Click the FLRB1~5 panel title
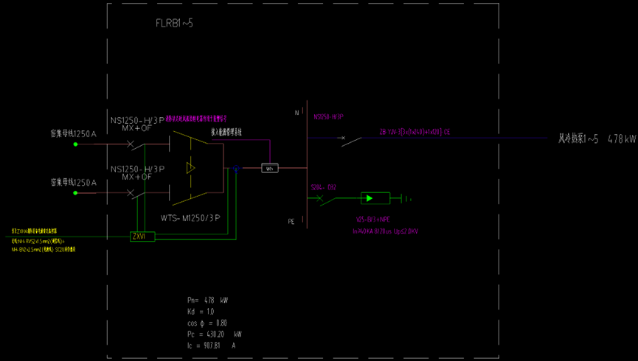[x=174, y=24]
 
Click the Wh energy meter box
[x=270, y=169]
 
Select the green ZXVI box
[x=142, y=236]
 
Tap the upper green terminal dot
[x=75, y=144]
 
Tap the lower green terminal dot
[x=75, y=193]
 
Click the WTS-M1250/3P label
[x=190, y=218]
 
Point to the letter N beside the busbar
[x=297, y=113]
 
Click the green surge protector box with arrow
[x=375, y=197]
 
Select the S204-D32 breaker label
[x=323, y=187]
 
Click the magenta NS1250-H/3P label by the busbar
[x=329, y=117]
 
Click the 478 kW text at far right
[x=620, y=139]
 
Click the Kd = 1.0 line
[x=200, y=312]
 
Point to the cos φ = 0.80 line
[x=207, y=323]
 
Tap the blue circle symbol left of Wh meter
[x=236, y=169]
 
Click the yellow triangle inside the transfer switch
[x=191, y=169]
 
